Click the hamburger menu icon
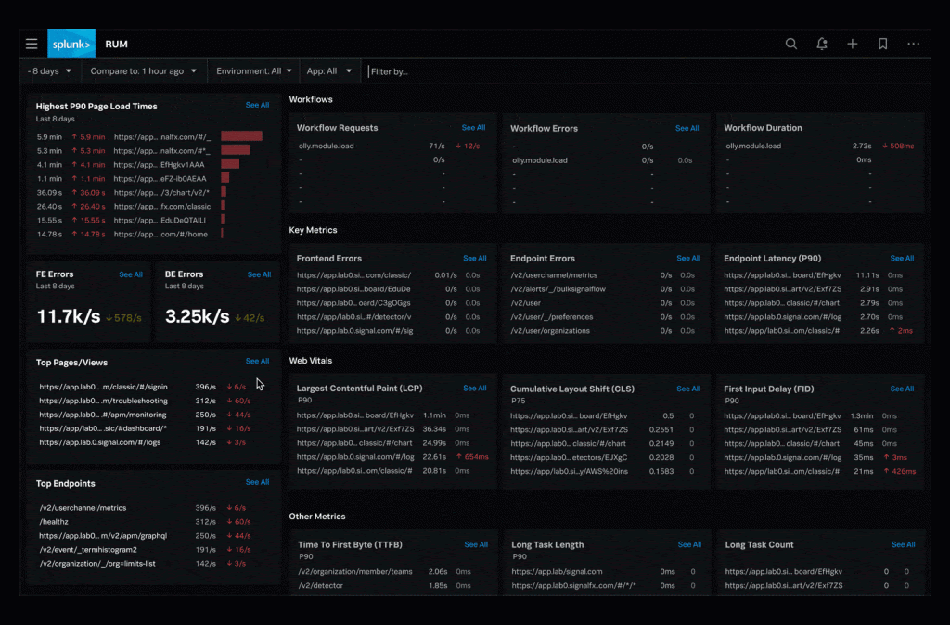pos(32,44)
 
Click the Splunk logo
pos(71,44)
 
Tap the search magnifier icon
pos(790,44)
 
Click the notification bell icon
pos(821,44)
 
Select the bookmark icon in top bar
pos(882,44)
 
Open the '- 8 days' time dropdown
pos(49,71)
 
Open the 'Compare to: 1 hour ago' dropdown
pos(143,71)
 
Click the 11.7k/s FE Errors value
pos(69,316)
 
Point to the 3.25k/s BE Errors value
pos(197,316)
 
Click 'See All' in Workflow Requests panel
pos(473,128)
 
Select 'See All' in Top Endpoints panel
pos(257,482)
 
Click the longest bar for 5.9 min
pos(241,136)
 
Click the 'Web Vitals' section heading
pos(310,360)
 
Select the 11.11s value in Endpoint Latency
pos(867,275)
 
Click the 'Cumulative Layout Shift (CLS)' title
pos(572,389)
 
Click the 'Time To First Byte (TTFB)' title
pos(350,544)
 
